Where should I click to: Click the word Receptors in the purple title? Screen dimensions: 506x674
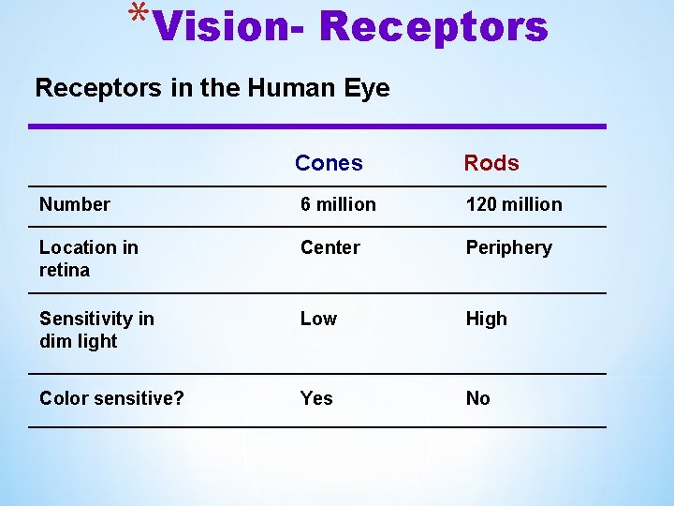point(432,26)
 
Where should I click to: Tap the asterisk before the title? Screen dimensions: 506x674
point(139,17)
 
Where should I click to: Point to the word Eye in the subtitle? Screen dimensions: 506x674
point(369,90)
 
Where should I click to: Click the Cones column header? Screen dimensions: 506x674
point(329,163)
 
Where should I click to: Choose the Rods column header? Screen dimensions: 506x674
point(491,163)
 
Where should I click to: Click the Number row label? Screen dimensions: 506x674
point(75,204)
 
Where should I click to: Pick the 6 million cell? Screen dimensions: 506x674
point(338,204)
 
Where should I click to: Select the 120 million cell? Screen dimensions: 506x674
point(514,204)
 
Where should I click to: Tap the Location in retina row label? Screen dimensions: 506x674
point(88,259)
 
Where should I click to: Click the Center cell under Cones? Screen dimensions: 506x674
point(330,247)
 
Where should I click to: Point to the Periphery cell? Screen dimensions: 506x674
point(509,248)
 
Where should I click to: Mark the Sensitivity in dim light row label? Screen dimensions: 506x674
point(96,330)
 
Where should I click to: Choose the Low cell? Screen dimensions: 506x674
point(318,319)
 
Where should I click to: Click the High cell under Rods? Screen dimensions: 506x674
point(487,320)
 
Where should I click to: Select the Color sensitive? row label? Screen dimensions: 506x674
point(111,398)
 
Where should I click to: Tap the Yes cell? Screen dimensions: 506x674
point(316,398)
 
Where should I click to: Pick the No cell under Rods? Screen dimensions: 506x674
point(478,398)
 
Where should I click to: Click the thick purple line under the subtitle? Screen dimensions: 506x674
point(318,126)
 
